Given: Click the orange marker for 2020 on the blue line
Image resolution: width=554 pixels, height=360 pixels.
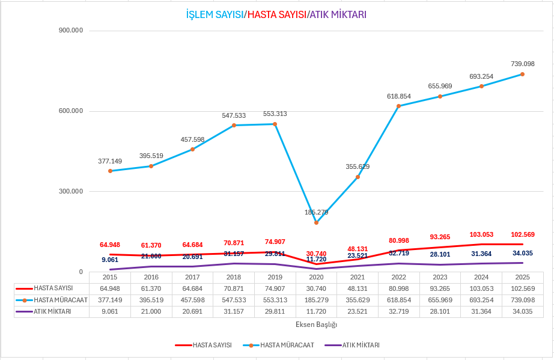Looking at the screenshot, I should [x=316, y=222].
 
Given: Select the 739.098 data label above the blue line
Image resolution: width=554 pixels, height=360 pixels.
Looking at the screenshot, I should [x=522, y=64].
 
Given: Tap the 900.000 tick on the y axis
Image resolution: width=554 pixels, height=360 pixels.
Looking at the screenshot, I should [x=71, y=31].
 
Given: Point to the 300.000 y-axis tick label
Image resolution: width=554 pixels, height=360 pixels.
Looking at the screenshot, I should [x=71, y=191].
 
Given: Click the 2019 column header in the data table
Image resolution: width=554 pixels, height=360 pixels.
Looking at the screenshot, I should [x=275, y=278].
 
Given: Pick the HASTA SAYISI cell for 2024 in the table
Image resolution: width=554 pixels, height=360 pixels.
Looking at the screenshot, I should [x=481, y=288].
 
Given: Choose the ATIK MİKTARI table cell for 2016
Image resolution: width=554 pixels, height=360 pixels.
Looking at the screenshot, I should [x=151, y=311].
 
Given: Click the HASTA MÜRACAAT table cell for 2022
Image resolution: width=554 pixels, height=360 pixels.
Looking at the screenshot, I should [x=398, y=300].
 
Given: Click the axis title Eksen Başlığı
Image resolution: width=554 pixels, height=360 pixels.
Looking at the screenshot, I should [x=316, y=325].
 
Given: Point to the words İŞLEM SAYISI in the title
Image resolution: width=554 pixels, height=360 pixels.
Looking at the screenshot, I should [x=215, y=14].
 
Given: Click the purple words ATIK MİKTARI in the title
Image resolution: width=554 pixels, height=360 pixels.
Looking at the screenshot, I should [x=338, y=14].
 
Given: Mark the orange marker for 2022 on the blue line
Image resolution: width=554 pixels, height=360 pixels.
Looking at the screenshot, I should [x=398, y=106].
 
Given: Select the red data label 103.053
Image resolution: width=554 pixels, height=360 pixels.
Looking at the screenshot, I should [x=481, y=234].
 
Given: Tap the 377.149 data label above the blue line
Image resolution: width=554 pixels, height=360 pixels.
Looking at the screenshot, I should [x=110, y=161].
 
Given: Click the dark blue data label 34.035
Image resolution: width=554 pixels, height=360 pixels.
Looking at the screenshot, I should [x=522, y=253].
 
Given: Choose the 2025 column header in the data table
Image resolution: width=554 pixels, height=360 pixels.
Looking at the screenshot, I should [x=522, y=278].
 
